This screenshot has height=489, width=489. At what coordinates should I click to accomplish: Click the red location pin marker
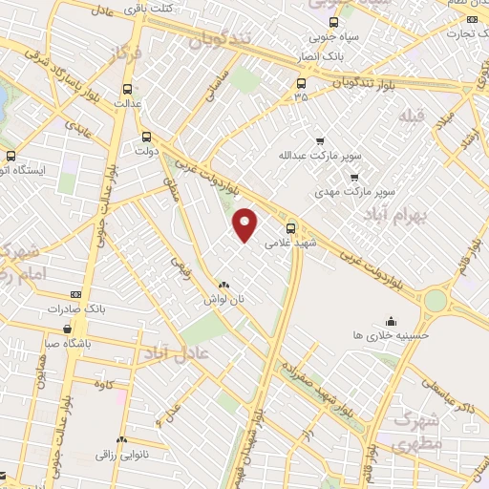coord(246,224)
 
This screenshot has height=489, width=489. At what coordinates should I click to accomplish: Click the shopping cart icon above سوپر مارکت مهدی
coord(355,176)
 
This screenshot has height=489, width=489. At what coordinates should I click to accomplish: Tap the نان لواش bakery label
coord(223,299)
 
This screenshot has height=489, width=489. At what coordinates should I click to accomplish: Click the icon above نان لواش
coord(223,285)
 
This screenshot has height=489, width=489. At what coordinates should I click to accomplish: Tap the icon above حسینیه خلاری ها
coord(392,320)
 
